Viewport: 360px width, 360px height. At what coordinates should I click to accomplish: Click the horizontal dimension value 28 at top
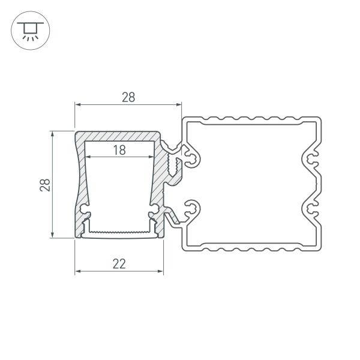point(127,97)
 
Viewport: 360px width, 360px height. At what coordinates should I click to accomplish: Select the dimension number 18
point(119,150)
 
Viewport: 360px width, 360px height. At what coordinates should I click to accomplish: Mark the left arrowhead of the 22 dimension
point(77,271)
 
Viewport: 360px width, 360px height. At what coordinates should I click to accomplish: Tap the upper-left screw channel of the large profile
point(193,158)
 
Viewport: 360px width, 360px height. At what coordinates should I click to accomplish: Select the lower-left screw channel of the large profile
point(193,209)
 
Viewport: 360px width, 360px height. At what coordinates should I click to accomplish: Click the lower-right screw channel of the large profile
point(310,209)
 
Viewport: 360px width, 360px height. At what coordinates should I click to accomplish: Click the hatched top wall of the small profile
point(119,137)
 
